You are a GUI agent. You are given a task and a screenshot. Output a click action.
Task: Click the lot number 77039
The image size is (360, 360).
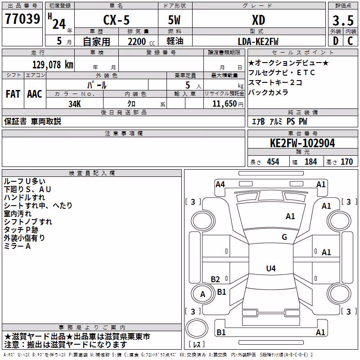[x=22, y=19]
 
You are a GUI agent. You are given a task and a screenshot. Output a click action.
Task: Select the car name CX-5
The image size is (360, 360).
[x=117, y=20]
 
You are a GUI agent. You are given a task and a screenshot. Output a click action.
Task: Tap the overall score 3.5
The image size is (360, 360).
[x=343, y=21]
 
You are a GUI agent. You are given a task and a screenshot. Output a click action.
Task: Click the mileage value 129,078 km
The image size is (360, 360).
[x=53, y=65]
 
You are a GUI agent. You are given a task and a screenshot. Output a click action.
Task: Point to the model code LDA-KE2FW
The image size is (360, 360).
[x=258, y=41]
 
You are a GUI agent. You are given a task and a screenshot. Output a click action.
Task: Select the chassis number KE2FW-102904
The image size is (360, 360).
[x=302, y=143]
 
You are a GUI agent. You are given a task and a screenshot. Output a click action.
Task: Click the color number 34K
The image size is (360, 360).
[x=75, y=104]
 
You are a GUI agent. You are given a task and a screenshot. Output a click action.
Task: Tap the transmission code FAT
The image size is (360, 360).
[x=13, y=94]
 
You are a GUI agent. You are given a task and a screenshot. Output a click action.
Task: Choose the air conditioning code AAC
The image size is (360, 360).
[x=35, y=94]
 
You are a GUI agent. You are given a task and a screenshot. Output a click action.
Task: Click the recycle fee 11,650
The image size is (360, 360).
[x=224, y=104]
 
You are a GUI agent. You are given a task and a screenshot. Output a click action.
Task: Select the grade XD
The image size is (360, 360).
[x=258, y=20]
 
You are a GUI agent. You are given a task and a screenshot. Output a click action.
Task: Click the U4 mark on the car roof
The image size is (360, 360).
[x=271, y=268]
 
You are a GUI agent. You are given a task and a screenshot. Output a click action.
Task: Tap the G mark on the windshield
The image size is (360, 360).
[x=284, y=237]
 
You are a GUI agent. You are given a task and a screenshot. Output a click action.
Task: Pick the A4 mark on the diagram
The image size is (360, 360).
[x=220, y=184]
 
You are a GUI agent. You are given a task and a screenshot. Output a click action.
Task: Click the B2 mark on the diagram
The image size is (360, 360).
[x=216, y=279]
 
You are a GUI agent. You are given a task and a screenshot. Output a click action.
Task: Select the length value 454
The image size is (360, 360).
[x=273, y=162]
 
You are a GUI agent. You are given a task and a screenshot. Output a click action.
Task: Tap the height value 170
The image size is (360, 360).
[x=346, y=162]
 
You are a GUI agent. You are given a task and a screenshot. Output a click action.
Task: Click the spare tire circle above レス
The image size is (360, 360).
[x=197, y=328]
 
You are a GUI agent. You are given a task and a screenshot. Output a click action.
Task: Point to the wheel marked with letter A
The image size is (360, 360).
[x=202, y=294]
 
